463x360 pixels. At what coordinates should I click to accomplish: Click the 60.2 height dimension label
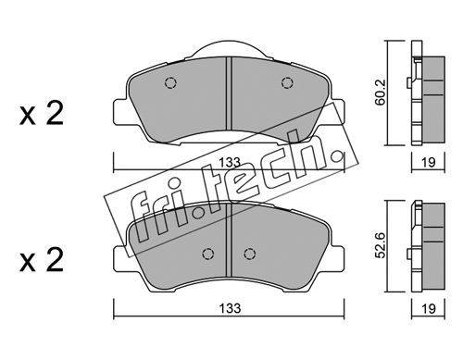click(x=381, y=93)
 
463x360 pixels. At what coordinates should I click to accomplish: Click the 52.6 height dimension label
click(x=381, y=245)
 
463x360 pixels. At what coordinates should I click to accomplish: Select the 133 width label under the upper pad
click(x=230, y=162)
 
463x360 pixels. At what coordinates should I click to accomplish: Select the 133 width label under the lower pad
click(x=230, y=308)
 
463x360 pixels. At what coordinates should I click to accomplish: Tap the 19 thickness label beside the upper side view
click(x=429, y=162)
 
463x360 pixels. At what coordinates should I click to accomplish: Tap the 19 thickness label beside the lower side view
click(x=429, y=308)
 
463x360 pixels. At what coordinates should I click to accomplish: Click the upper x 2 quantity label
click(x=42, y=113)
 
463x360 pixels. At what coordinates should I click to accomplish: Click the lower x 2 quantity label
click(x=42, y=260)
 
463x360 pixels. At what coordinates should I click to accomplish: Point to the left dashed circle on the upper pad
click(x=170, y=82)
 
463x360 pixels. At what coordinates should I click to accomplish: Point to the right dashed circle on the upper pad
click(x=287, y=82)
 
